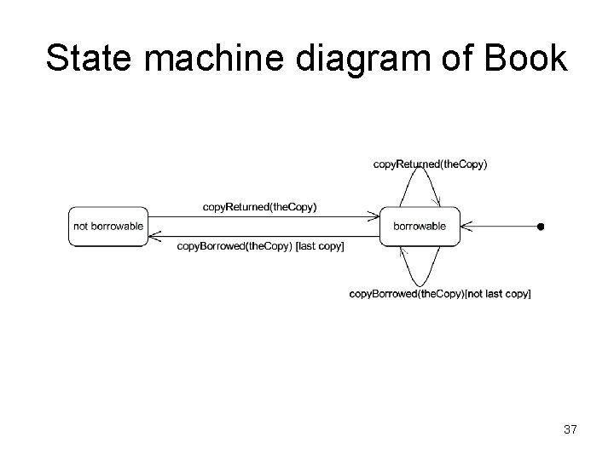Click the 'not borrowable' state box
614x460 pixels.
click(107, 227)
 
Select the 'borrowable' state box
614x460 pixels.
click(420, 227)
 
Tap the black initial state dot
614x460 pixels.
click(541, 227)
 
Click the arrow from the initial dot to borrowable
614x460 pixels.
click(503, 227)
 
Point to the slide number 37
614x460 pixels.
click(570, 430)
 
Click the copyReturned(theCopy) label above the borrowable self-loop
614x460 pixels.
click(431, 164)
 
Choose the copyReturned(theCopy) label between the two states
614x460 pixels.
click(260, 207)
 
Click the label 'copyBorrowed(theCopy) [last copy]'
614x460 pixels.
click(261, 246)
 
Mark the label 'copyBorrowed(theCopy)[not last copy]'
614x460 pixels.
click(440, 294)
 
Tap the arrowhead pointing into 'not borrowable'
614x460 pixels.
click(153, 237)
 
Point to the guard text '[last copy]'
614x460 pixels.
click(319, 246)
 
